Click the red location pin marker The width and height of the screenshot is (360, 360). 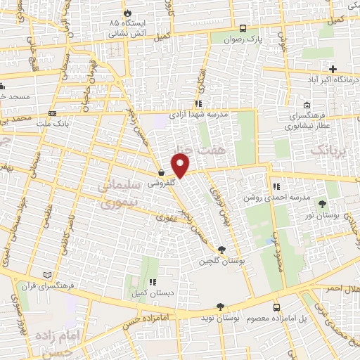tap(181, 167)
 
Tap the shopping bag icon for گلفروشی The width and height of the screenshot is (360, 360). tap(162, 173)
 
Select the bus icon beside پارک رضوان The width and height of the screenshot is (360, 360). tap(243, 29)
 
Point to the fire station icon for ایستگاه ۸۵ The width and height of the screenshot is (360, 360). tap(127, 13)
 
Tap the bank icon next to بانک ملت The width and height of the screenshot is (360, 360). tap(52, 114)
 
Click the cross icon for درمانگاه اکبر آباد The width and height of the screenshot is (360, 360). tap(333, 69)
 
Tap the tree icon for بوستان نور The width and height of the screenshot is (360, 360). tap(322, 205)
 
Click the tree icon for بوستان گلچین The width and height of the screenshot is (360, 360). tap(222, 250)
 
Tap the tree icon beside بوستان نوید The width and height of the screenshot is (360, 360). tap(221, 307)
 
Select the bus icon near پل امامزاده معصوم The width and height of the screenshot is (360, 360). tap(276, 308)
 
